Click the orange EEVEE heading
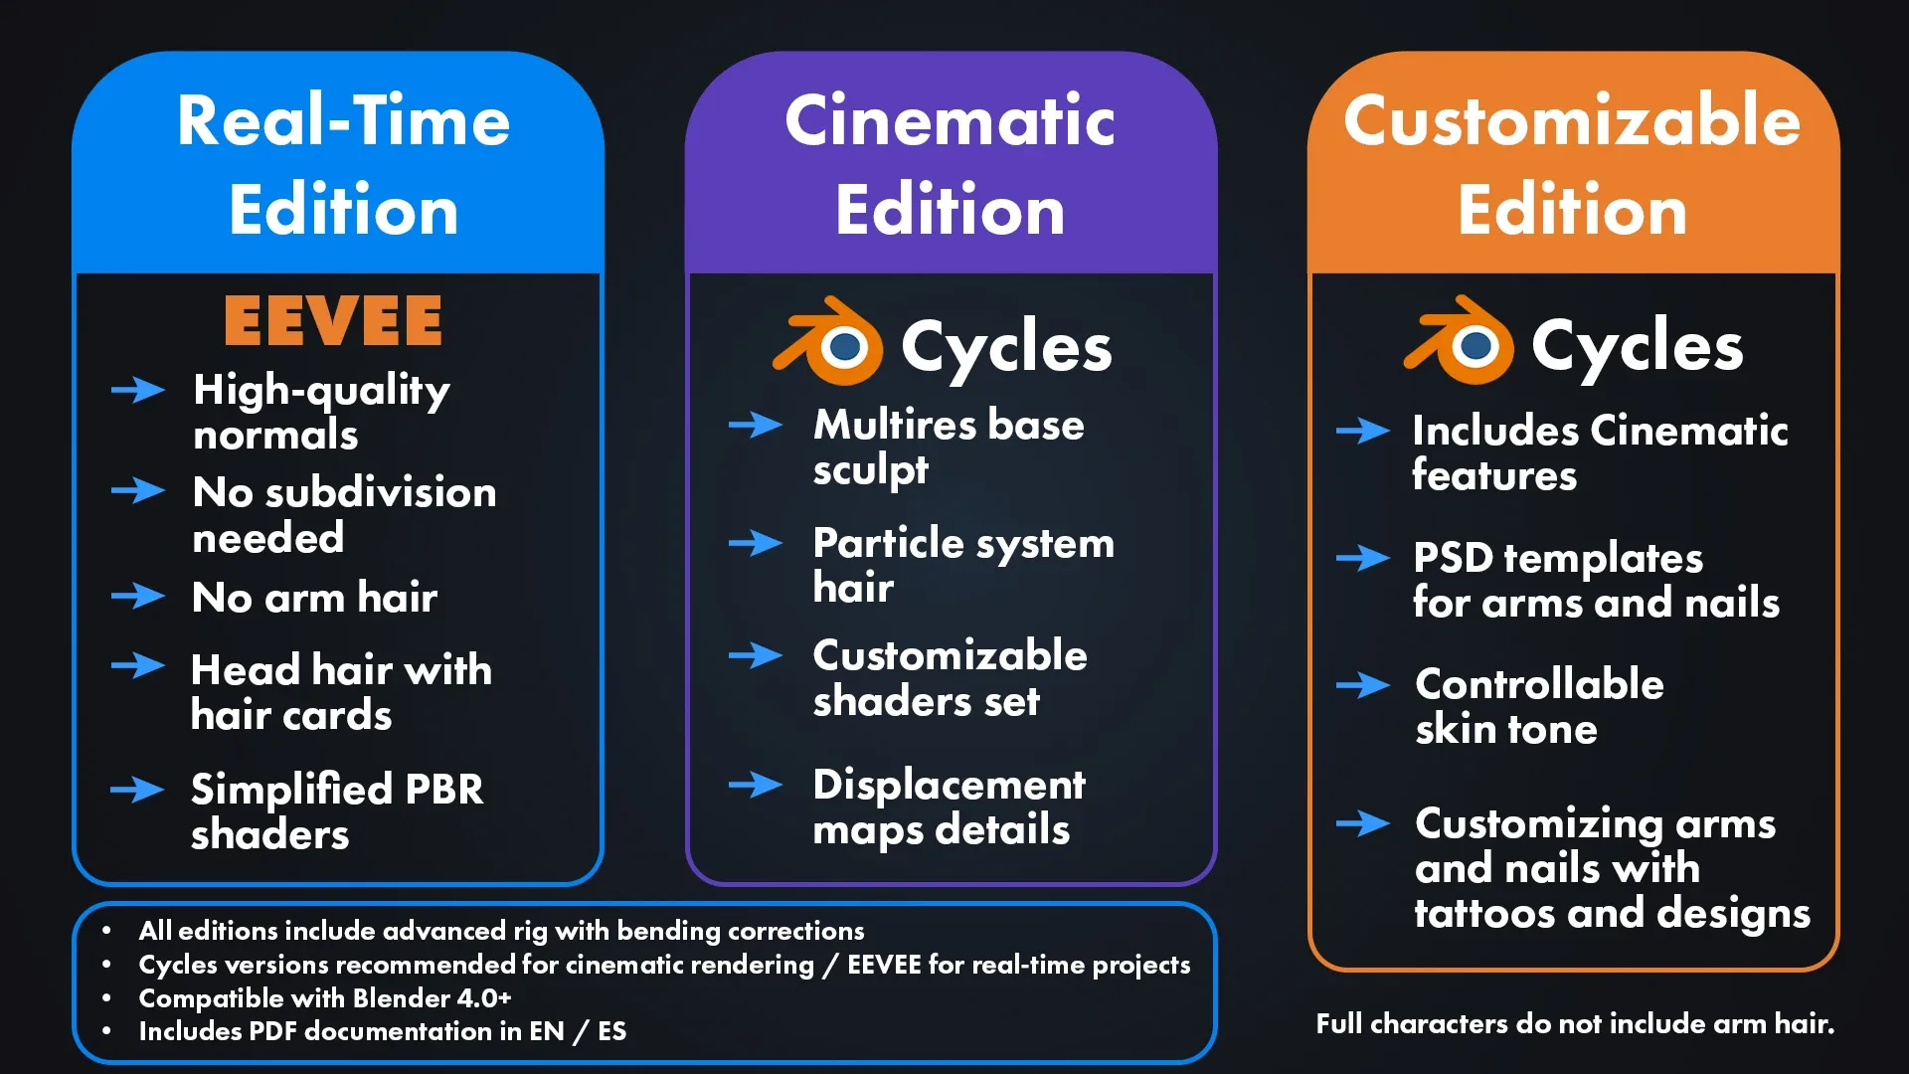click(333, 320)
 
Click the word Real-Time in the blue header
click(343, 120)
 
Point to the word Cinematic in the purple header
click(950, 120)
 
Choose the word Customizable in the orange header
click(1572, 120)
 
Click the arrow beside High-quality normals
click(138, 390)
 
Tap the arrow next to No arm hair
click(138, 596)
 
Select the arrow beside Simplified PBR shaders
click(138, 790)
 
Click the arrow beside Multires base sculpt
click(756, 426)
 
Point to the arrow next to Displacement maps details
click(756, 785)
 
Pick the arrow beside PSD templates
click(1363, 558)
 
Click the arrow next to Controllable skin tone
click(1363, 685)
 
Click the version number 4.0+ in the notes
click(484, 997)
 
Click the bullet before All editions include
click(106, 931)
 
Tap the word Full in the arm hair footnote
click(1339, 1023)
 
